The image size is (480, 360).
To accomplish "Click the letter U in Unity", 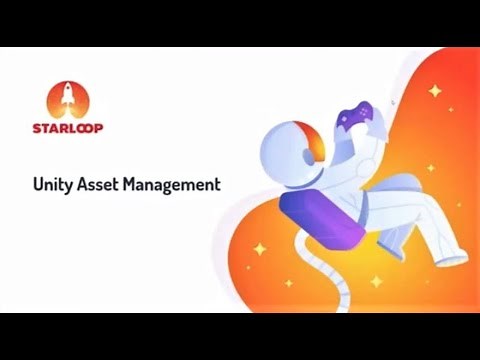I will click(x=38, y=184).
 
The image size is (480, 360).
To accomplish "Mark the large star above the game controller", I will click(x=434, y=91).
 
